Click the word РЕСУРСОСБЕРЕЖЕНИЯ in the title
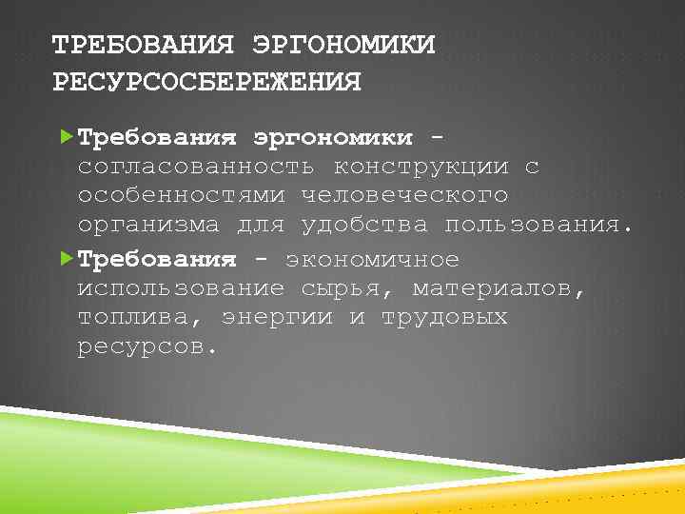pos(207,83)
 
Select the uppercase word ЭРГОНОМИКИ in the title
pos(343,46)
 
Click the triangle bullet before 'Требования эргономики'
pos(65,137)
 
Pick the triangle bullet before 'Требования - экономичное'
pos(65,259)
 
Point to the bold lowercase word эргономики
pos(333,139)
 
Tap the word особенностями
pos(181,196)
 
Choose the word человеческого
pos(404,196)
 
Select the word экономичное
pos(373,259)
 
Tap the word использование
pos(181,287)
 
